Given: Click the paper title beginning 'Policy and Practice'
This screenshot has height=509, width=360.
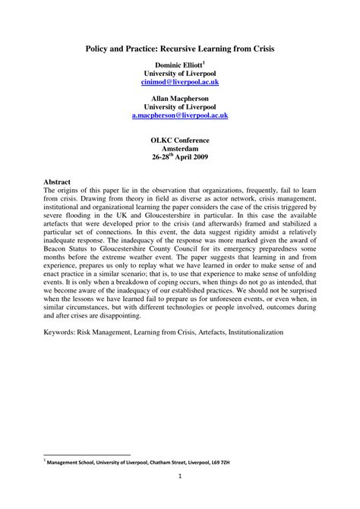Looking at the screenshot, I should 179,47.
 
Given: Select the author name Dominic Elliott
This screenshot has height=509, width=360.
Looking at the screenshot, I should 178,66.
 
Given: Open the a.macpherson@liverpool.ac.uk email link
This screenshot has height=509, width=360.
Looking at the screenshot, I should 179,116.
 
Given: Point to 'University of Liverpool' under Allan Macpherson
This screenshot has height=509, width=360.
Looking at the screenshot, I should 179,106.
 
